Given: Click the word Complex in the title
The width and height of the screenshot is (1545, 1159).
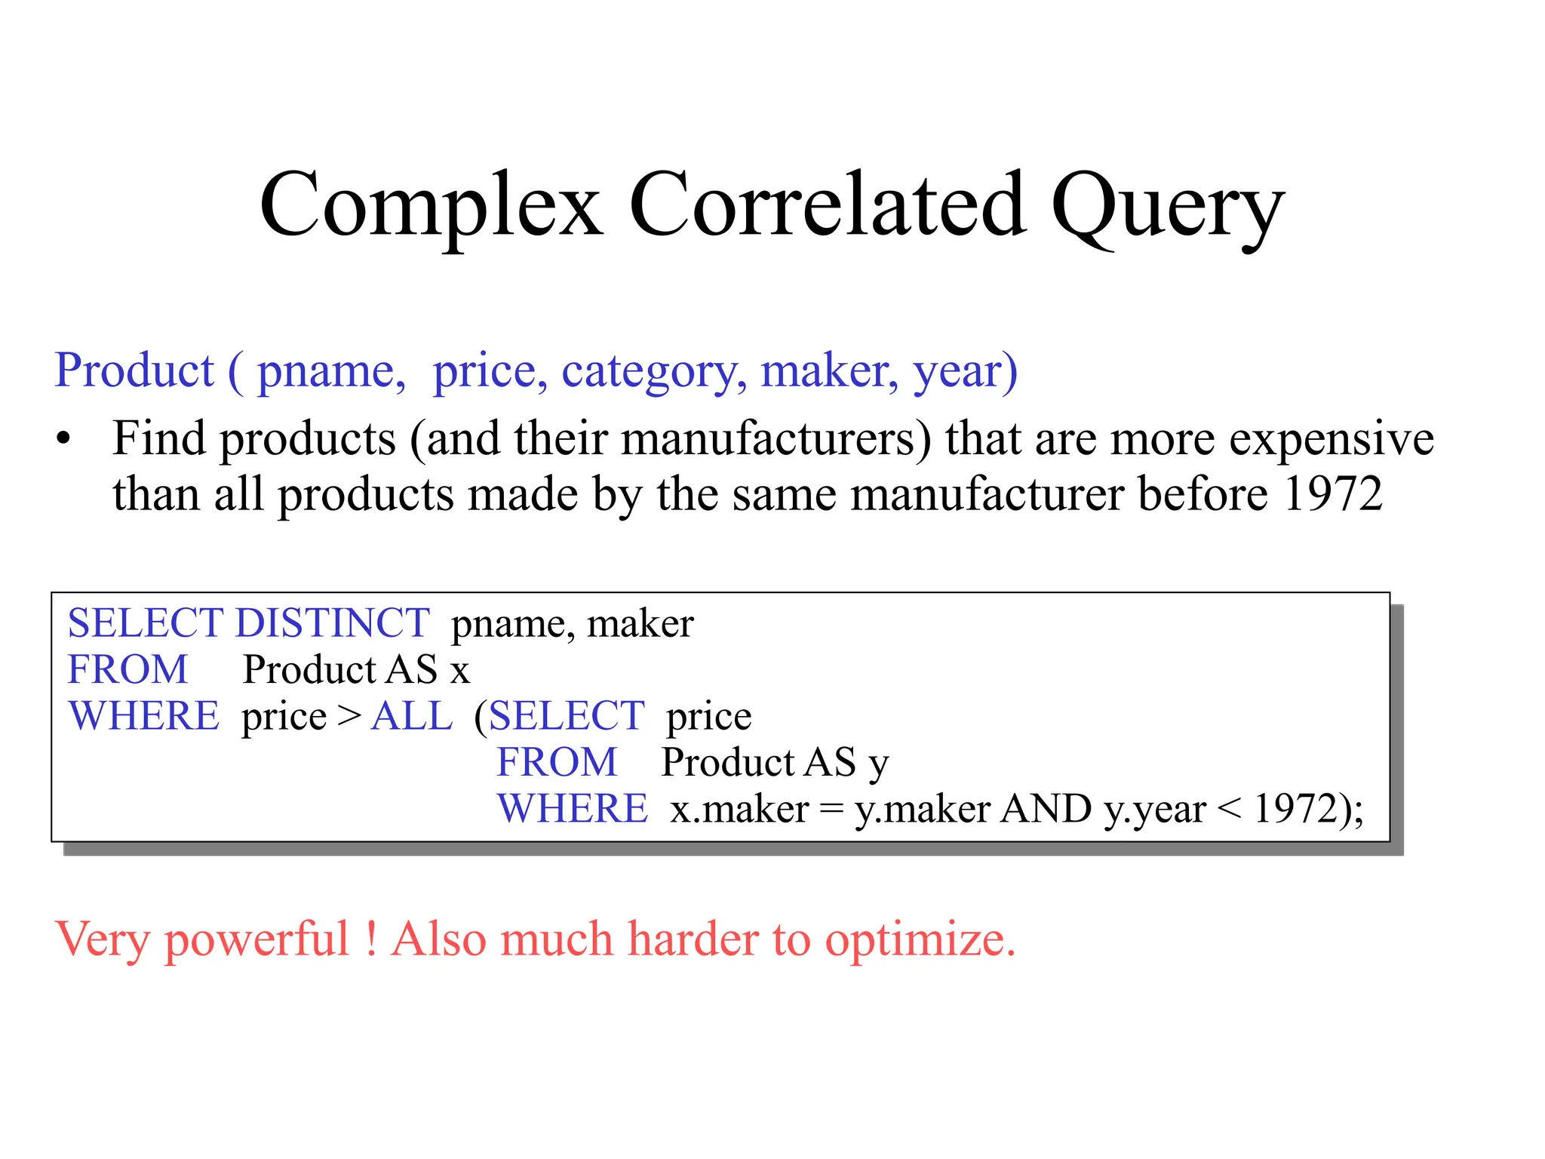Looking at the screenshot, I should [431, 206].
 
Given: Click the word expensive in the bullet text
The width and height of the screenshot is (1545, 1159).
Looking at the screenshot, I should [1332, 440].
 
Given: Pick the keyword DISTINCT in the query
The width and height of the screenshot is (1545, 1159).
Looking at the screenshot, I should [332, 623].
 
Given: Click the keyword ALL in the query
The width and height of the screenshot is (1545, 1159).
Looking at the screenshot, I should [412, 715].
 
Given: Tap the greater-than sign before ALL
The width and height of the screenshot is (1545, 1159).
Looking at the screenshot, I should [349, 716].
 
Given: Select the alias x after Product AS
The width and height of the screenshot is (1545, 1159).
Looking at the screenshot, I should [459, 671].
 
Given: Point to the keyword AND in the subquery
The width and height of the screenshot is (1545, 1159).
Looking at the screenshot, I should [1046, 809].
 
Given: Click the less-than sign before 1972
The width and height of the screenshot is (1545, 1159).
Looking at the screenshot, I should [1230, 810].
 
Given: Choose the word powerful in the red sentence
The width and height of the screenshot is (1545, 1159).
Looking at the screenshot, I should [256, 940].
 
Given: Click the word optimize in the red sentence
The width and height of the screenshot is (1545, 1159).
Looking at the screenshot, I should [920, 940].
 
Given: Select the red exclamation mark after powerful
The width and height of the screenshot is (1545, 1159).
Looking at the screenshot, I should [371, 939].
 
